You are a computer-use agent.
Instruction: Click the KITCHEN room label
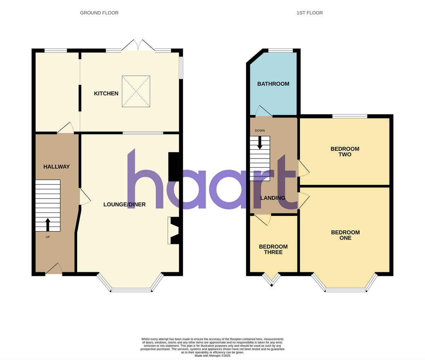(106, 93)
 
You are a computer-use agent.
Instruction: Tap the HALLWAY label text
(57, 167)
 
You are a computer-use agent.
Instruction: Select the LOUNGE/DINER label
(124, 205)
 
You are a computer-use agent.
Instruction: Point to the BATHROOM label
(273, 84)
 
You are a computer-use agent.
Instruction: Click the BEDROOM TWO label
(345, 152)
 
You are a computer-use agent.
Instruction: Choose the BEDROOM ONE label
(345, 235)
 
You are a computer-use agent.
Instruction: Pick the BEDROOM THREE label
(273, 250)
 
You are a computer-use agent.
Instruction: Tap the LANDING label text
(273, 198)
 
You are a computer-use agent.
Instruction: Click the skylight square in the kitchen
(136, 91)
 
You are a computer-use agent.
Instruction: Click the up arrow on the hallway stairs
(48, 224)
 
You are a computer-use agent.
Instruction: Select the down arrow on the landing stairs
(260, 143)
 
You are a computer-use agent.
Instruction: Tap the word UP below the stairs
(48, 237)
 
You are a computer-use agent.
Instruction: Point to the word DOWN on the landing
(260, 131)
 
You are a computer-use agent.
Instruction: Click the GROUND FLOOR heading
(99, 13)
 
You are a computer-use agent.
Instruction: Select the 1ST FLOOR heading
(310, 13)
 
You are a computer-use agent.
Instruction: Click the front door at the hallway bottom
(54, 270)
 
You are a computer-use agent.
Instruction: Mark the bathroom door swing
(263, 112)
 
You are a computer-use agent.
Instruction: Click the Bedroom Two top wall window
(350, 116)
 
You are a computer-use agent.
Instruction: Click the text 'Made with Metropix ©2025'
(212, 355)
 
